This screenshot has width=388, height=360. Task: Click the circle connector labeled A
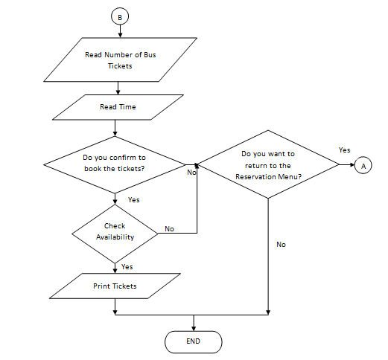tap(363, 165)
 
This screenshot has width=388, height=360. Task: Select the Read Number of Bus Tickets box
tap(115, 60)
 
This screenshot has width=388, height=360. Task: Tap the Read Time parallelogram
tap(118, 107)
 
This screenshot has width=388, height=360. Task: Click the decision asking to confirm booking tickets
tap(115, 164)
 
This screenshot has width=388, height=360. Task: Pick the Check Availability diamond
tap(115, 232)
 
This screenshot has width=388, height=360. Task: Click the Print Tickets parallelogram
tap(115, 286)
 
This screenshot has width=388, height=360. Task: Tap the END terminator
tap(194, 341)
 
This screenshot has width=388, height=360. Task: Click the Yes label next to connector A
tap(344, 150)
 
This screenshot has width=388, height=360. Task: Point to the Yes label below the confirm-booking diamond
tap(134, 200)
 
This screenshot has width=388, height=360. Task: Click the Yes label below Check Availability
tap(127, 266)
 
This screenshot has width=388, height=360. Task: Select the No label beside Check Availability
tap(169, 229)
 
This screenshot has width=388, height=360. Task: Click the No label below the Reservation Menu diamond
tap(281, 244)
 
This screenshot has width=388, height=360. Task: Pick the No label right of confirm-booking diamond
tap(191, 172)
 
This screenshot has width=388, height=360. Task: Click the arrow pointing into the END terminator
tap(194, 323)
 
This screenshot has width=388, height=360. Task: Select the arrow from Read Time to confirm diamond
tap(115, 129)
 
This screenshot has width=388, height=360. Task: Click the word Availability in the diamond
tap(115, 237)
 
